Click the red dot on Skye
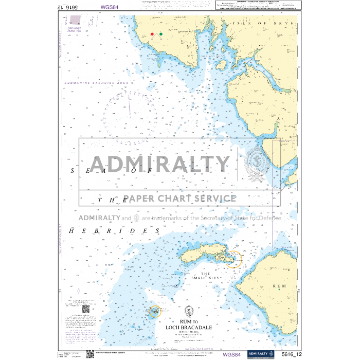pos(152,34)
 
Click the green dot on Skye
pos(161,34)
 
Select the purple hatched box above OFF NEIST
pos(76,21)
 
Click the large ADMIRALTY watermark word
pos(155,164)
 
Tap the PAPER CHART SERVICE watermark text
pos(179,199)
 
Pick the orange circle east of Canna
pos(235,259)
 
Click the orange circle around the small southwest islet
pos(154,312)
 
